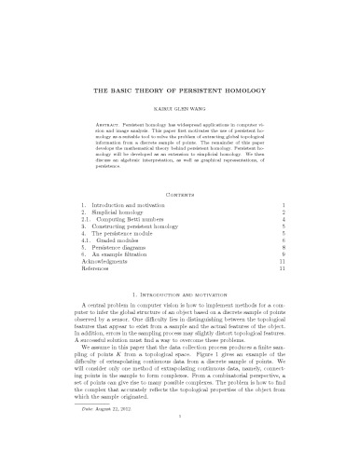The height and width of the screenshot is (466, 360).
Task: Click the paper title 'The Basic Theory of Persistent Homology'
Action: [180, 93]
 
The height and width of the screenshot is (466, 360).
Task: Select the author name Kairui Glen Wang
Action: [180, 109]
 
